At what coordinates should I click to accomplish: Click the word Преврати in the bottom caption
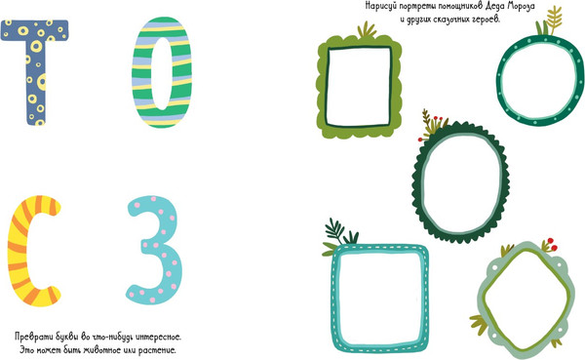[31, 337]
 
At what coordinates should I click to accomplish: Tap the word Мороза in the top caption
[522, 7]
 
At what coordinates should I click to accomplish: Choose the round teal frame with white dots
[502, 80]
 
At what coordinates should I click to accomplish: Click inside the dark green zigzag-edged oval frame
[420, 183]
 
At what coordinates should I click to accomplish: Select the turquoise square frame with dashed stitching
[335, 299]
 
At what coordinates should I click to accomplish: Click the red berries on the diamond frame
[551, 244]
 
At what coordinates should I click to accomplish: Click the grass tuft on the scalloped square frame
[368, 30]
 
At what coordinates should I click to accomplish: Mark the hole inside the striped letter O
[162, 73]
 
